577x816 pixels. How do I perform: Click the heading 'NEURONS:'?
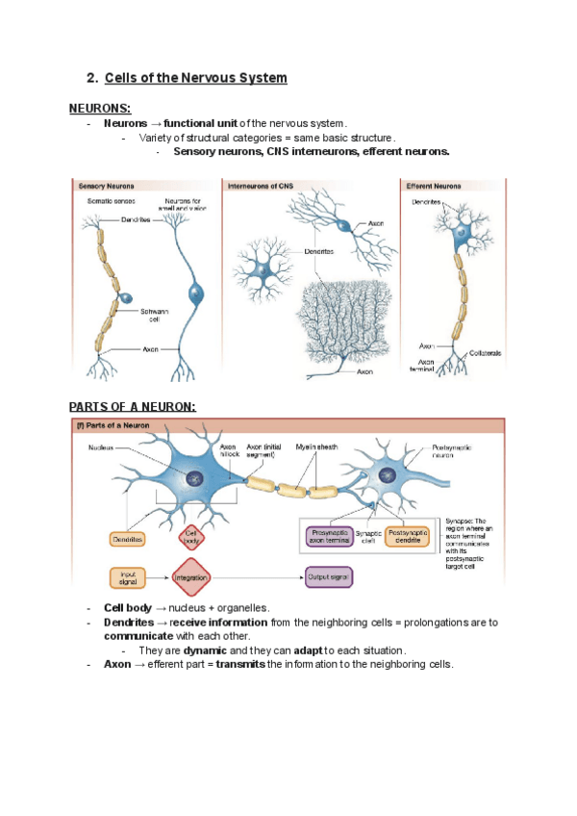point(100,109)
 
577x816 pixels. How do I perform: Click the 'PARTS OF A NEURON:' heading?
point(133,406)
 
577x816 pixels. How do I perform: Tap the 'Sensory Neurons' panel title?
point(107,185)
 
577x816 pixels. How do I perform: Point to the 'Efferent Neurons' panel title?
point(434,185)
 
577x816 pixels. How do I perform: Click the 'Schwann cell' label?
point(153,315)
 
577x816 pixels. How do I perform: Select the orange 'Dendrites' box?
point(127,540)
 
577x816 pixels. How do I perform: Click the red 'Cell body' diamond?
point(190,536)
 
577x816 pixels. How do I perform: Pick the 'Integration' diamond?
point(191,578)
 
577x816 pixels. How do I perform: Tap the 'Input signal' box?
point(127,578)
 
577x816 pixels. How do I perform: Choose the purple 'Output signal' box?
point(329,578)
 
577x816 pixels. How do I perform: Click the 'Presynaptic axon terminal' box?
point(329,536)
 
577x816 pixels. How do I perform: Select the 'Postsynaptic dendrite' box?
point(410,536)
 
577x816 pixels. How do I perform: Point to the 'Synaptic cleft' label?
point(369,537)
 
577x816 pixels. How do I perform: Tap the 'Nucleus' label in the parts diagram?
point(102,446)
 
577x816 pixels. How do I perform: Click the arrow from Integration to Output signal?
point(260,578)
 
